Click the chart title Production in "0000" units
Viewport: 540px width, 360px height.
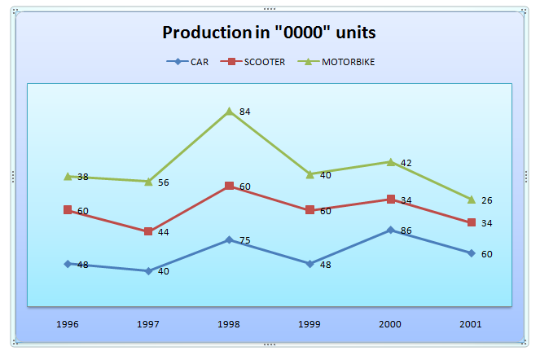tap(269, 33)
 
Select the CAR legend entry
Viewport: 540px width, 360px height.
tap(192, 61)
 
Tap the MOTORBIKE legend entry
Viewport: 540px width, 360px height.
tap(341, 61)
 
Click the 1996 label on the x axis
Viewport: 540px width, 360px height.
tap(68, 323)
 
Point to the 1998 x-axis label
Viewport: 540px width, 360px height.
tap(230, 323)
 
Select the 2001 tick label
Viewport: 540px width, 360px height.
tap(471, 323)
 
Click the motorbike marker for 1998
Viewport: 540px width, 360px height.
tap(230, 111)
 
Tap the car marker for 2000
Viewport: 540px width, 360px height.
tap(391, 230)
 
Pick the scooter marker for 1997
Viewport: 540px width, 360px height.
tap(148, 231)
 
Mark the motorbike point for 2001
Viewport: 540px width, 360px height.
tap(471, 200)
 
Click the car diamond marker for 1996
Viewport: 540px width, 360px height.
tap(68, 264)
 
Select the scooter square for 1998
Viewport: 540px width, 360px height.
tap(230, 187)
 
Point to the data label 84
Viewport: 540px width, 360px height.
tap(244, 112)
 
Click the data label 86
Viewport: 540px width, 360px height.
tap(406, 231)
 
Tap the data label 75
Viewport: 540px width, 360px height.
tap(244, 241)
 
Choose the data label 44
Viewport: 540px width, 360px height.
tap(163, 233)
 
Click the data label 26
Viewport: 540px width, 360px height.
tap(486, 200)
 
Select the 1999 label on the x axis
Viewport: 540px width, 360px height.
tap(310, 323)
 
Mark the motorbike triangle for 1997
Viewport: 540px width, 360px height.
tap(148, 181)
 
